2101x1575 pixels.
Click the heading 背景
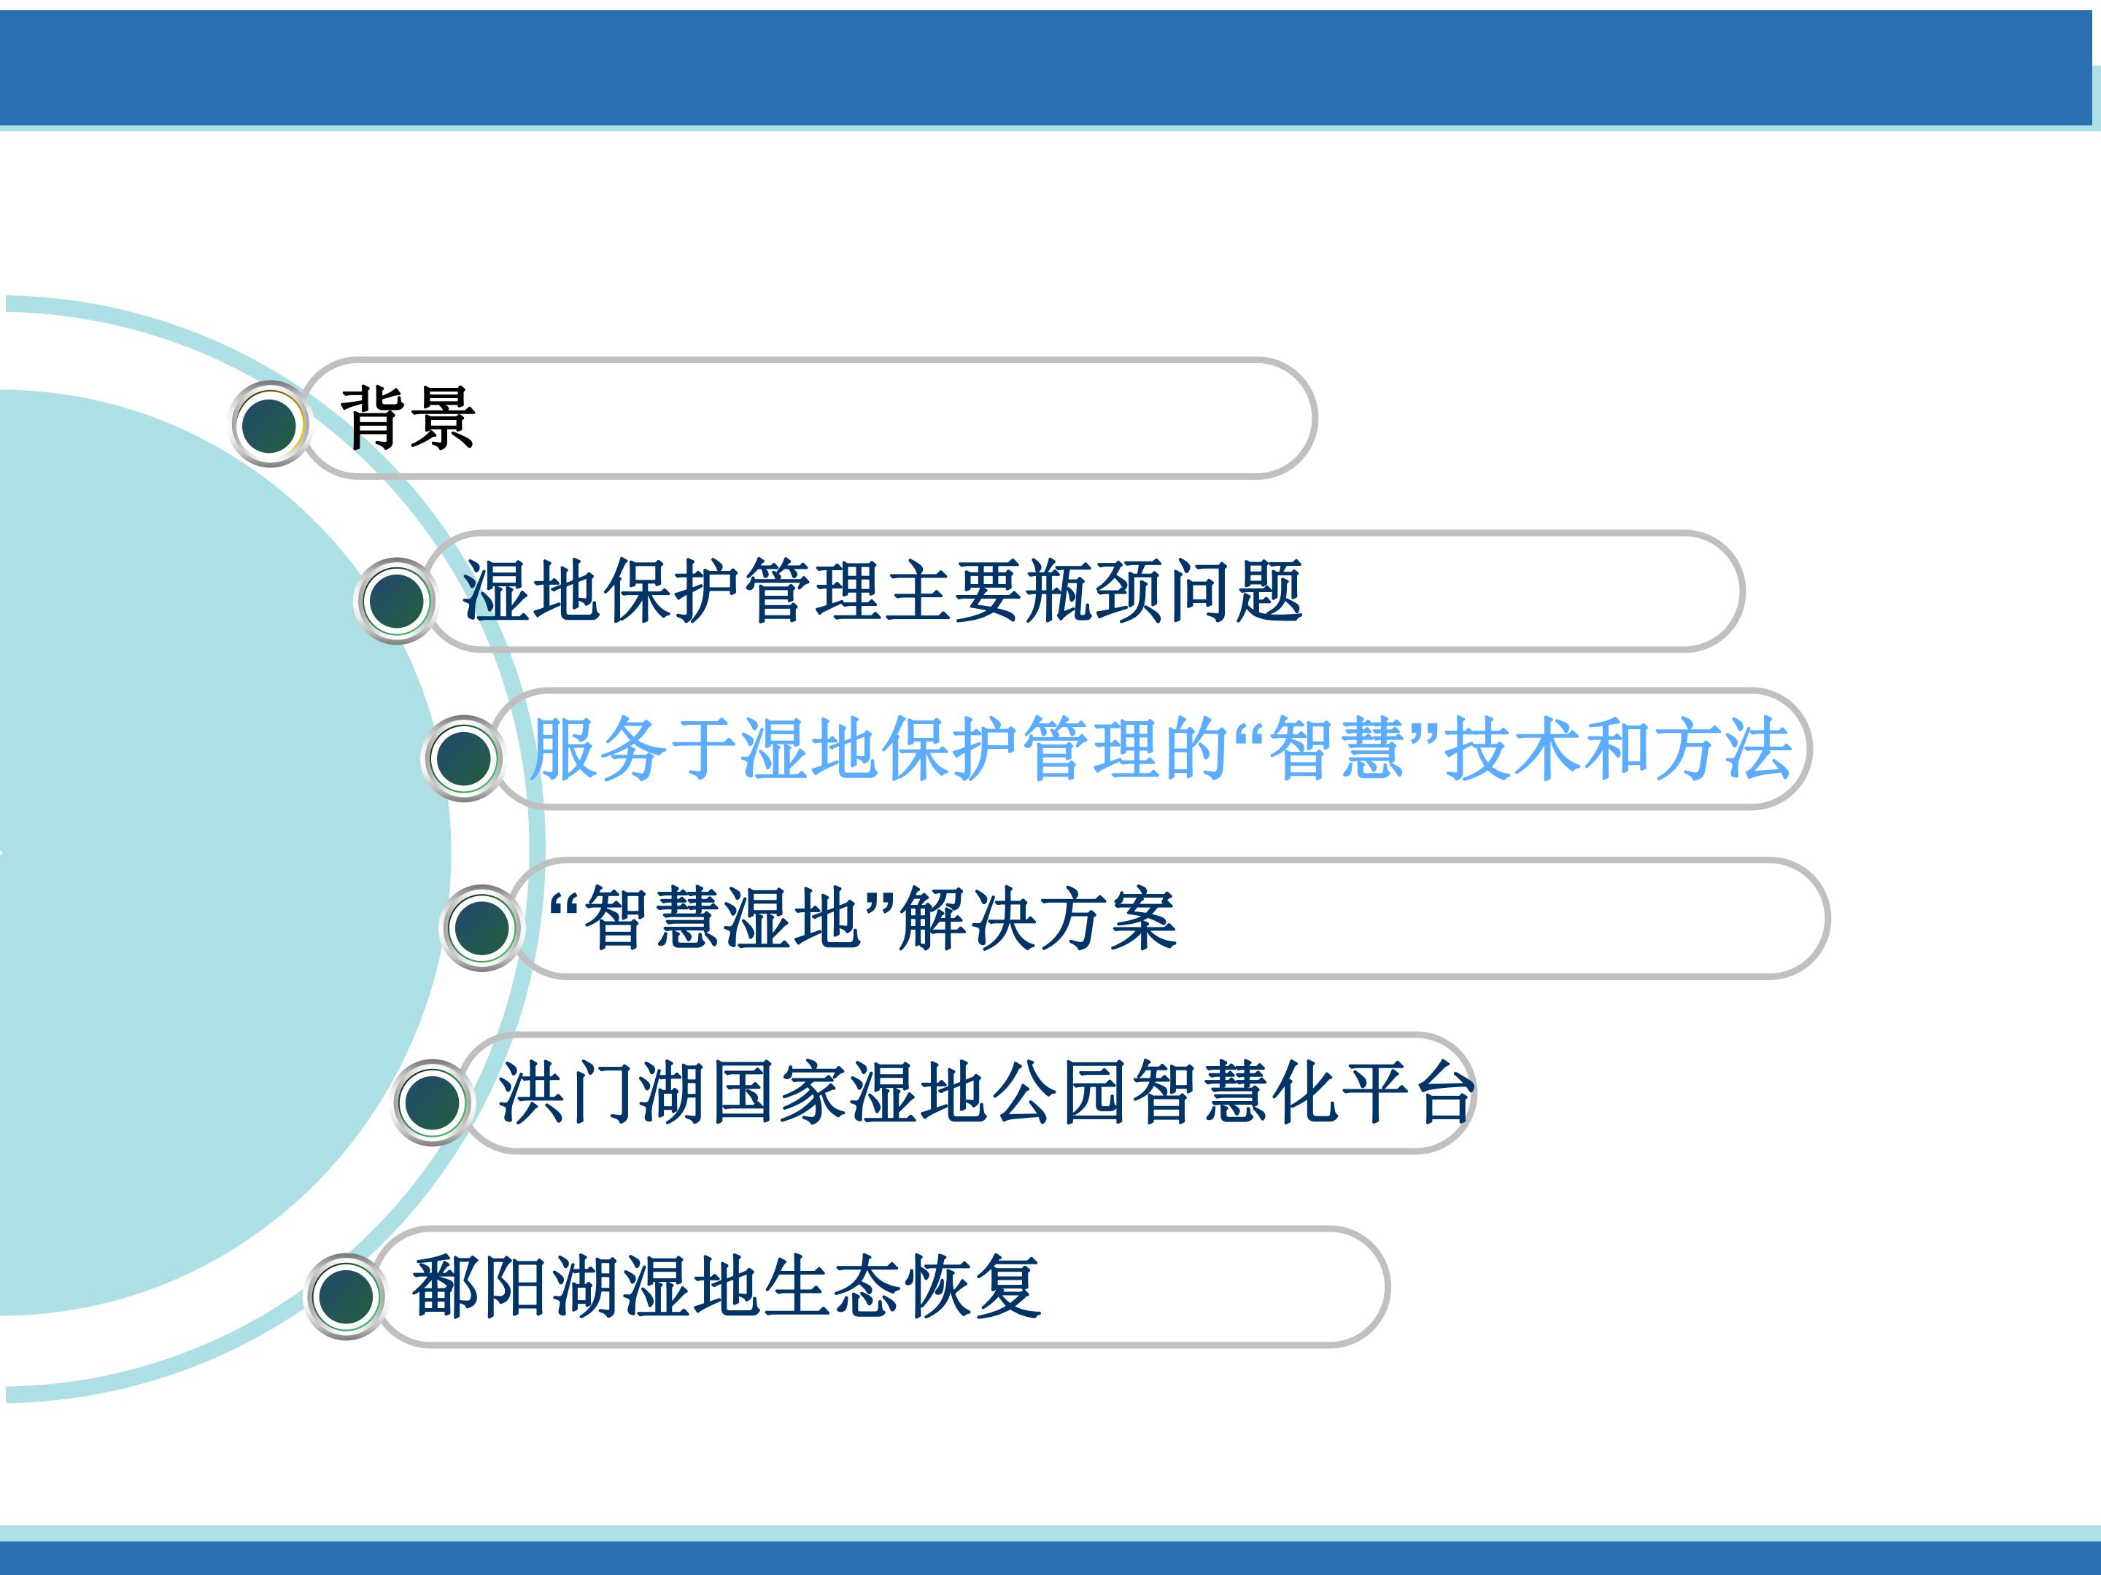tap(408, 418)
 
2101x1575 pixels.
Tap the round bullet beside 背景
tap(270, 424)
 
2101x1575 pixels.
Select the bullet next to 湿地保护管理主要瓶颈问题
tap(395, 600)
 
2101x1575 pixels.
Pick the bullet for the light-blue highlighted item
tap(463, 758)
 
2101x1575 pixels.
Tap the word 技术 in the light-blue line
tap(1512, 748)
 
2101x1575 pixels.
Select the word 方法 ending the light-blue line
tap(1723, 748)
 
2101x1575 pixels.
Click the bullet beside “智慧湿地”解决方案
tap(481, 927)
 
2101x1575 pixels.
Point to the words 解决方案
tap(1038, 918)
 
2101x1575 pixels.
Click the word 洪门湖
tap(602, 1092)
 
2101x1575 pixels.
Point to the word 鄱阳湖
tap(516, 1286)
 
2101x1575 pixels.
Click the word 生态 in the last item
tap(833, 1286)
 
